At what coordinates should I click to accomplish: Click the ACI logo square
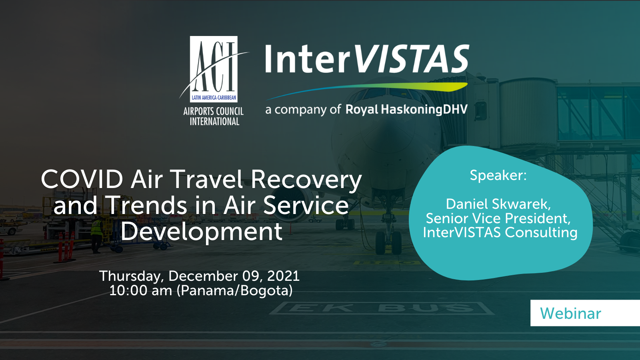coord(214,69)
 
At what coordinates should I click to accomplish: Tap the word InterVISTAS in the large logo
coord(367,59)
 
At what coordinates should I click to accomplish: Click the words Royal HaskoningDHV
coord(406,110)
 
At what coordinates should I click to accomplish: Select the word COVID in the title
coord(82,179)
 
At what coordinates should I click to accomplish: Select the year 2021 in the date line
coord(283,276)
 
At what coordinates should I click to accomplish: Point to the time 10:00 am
coord(140,290)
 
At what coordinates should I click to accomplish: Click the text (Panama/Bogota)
coord(234,291)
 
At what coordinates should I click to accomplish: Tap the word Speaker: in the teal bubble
coord(498,175)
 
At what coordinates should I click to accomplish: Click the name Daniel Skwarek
coord(498,204)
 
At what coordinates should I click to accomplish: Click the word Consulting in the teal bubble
coord(541,232)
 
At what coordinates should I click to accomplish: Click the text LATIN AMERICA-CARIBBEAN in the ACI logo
coord(214,98)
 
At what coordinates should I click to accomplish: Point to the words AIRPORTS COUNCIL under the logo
coord(214,112)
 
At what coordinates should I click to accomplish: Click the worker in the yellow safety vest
coord(96,234)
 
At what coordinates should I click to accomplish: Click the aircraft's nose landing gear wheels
coord(388,242)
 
